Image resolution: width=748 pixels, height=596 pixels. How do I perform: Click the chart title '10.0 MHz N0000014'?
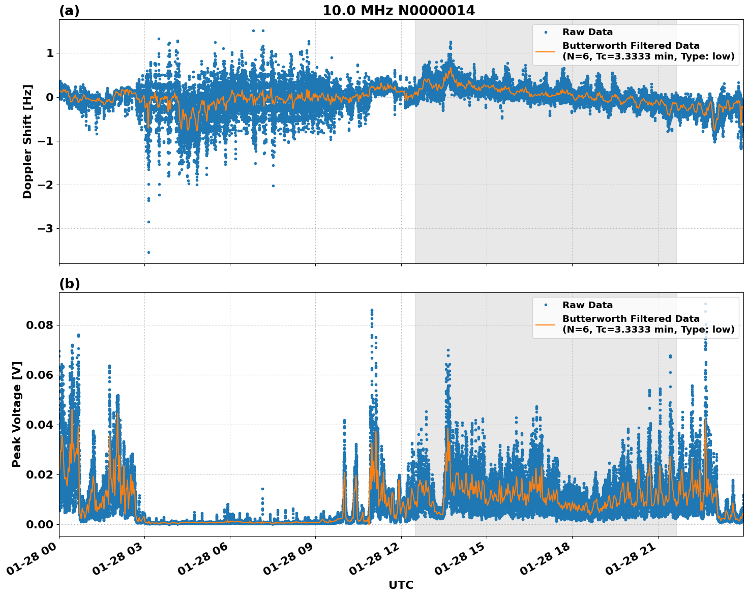(x=399, y=11)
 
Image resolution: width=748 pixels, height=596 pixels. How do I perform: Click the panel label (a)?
(x=69, y=11)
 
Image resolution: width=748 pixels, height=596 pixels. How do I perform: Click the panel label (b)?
(x=69, y=284)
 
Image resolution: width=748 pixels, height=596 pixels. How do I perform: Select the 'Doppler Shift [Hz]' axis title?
(x=27, y=141)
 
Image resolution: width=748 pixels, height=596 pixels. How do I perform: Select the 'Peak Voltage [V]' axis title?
(x=17, y=414)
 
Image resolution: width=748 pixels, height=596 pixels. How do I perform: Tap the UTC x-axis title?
(x=401, y=585)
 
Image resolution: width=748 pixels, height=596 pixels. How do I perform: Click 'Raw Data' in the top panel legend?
(x=587, y=32)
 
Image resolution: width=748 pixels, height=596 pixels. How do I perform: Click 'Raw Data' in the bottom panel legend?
(x=587, y=305)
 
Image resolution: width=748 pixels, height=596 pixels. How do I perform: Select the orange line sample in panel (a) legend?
(x=546, y=51)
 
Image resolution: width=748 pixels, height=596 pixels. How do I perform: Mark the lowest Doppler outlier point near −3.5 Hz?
(x=148, y=252)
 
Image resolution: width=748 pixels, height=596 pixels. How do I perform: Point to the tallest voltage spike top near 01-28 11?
(x=372, y=310)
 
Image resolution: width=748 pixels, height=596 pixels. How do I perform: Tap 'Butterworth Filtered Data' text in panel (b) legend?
(x=631, y=319)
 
